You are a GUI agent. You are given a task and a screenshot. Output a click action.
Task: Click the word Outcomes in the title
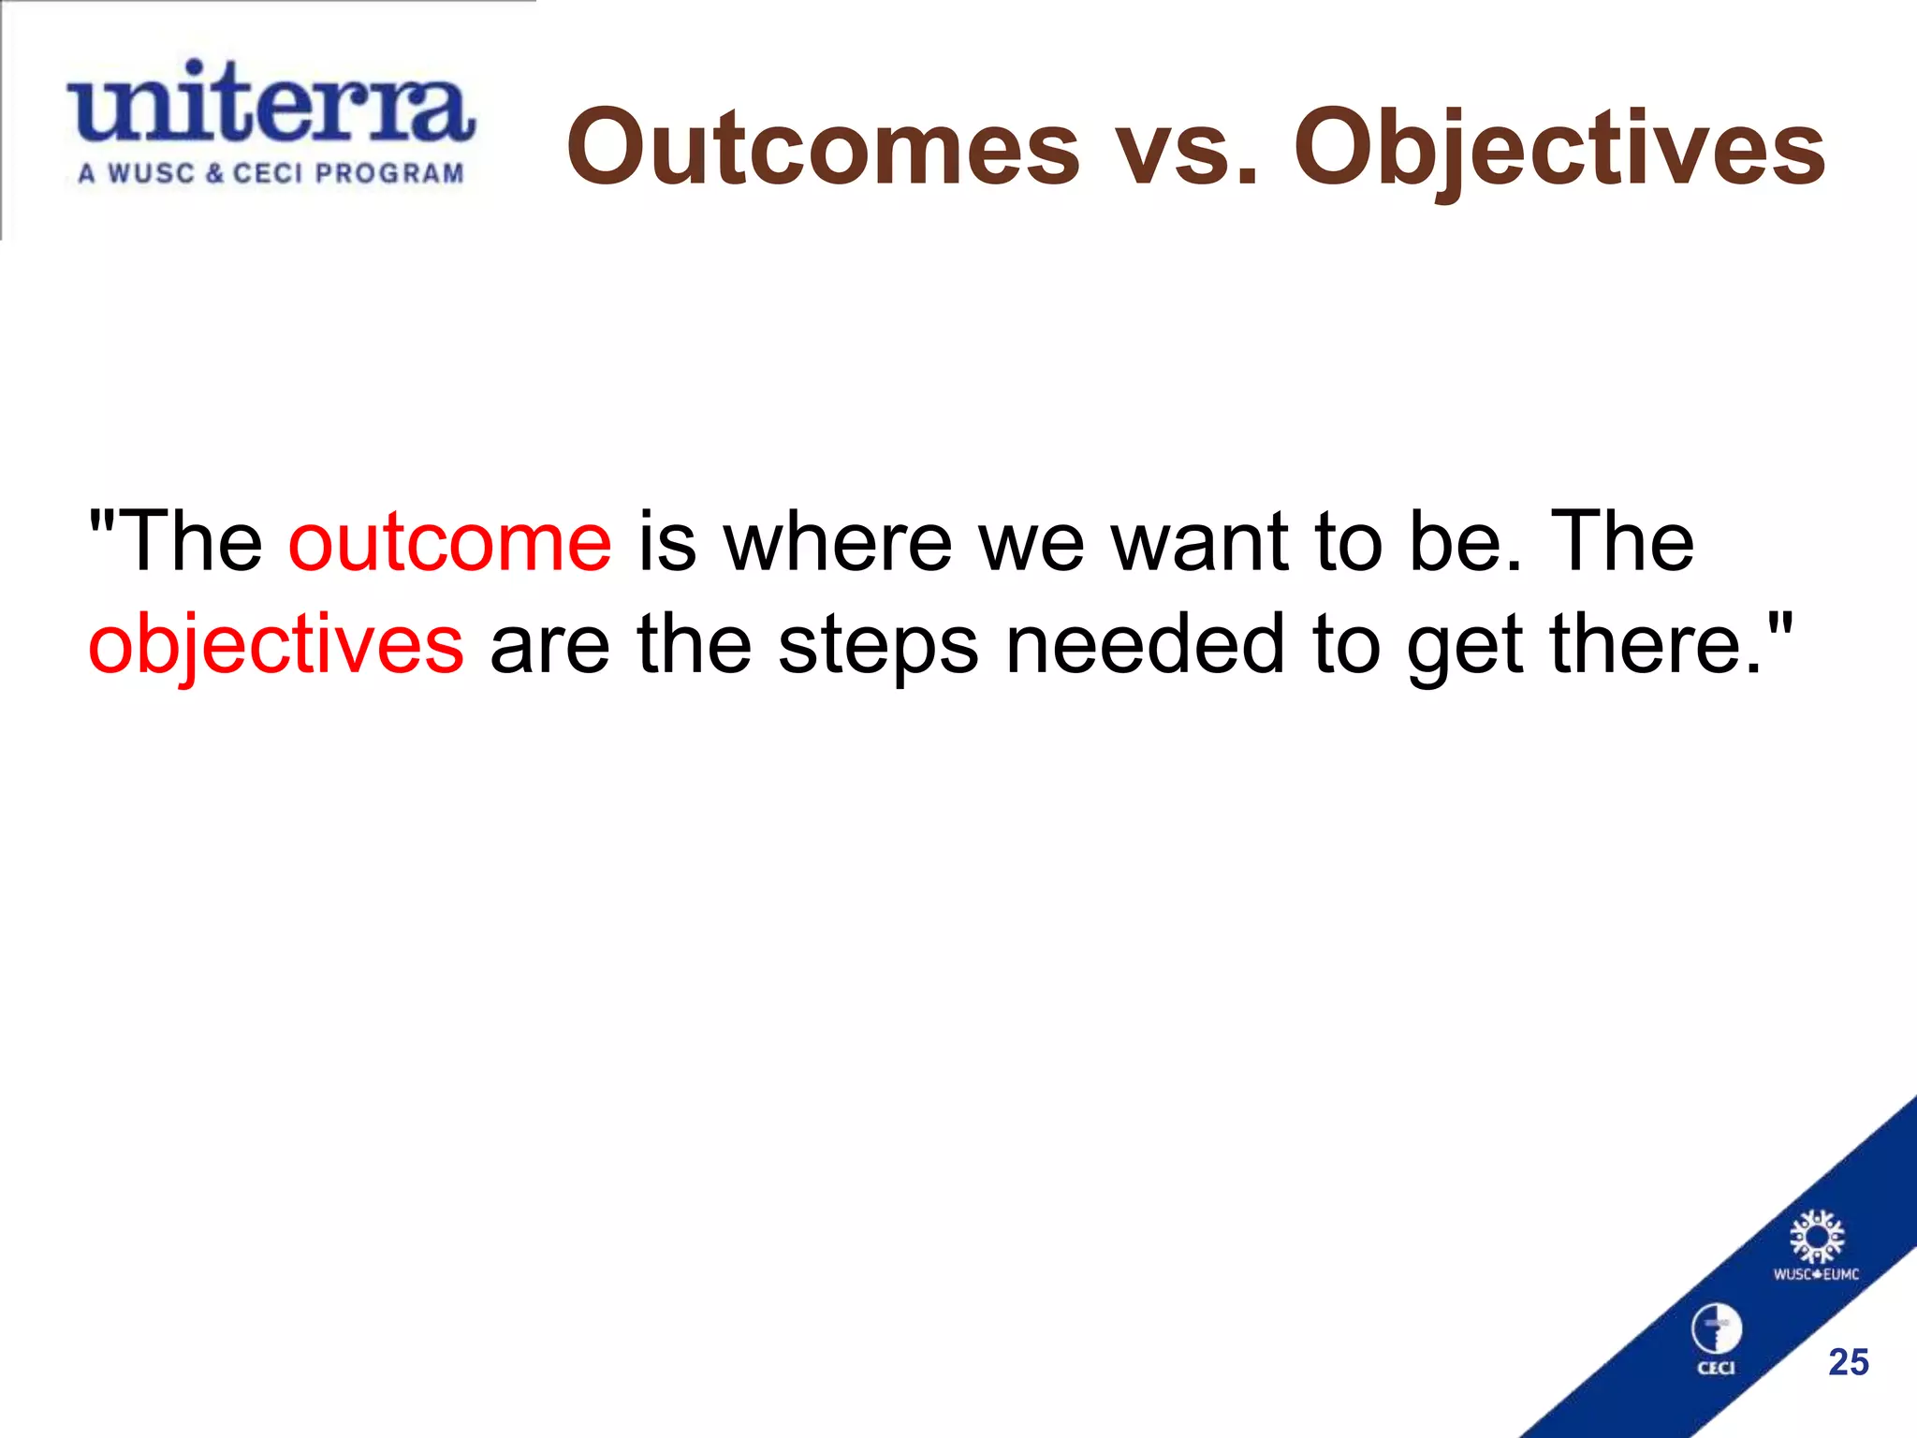tap(823, 148)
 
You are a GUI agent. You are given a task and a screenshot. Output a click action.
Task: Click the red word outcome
tap(450, 543)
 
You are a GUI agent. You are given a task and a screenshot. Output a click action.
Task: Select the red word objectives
tap(276, 646)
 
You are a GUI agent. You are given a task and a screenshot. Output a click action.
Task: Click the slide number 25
tap(1849, 1362)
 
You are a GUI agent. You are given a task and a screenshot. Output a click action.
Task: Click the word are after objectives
tap(549, 646)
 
